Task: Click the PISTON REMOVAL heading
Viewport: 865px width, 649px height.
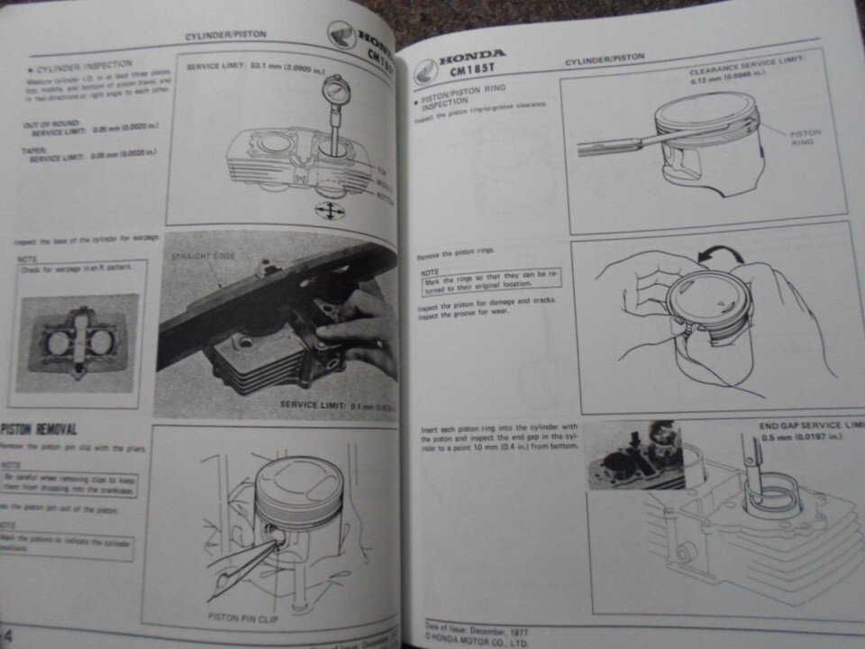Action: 40,429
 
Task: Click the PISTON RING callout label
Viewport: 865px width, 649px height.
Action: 806,138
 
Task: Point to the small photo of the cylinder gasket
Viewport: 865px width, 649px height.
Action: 77,343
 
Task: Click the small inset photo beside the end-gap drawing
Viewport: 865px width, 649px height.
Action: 634,455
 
